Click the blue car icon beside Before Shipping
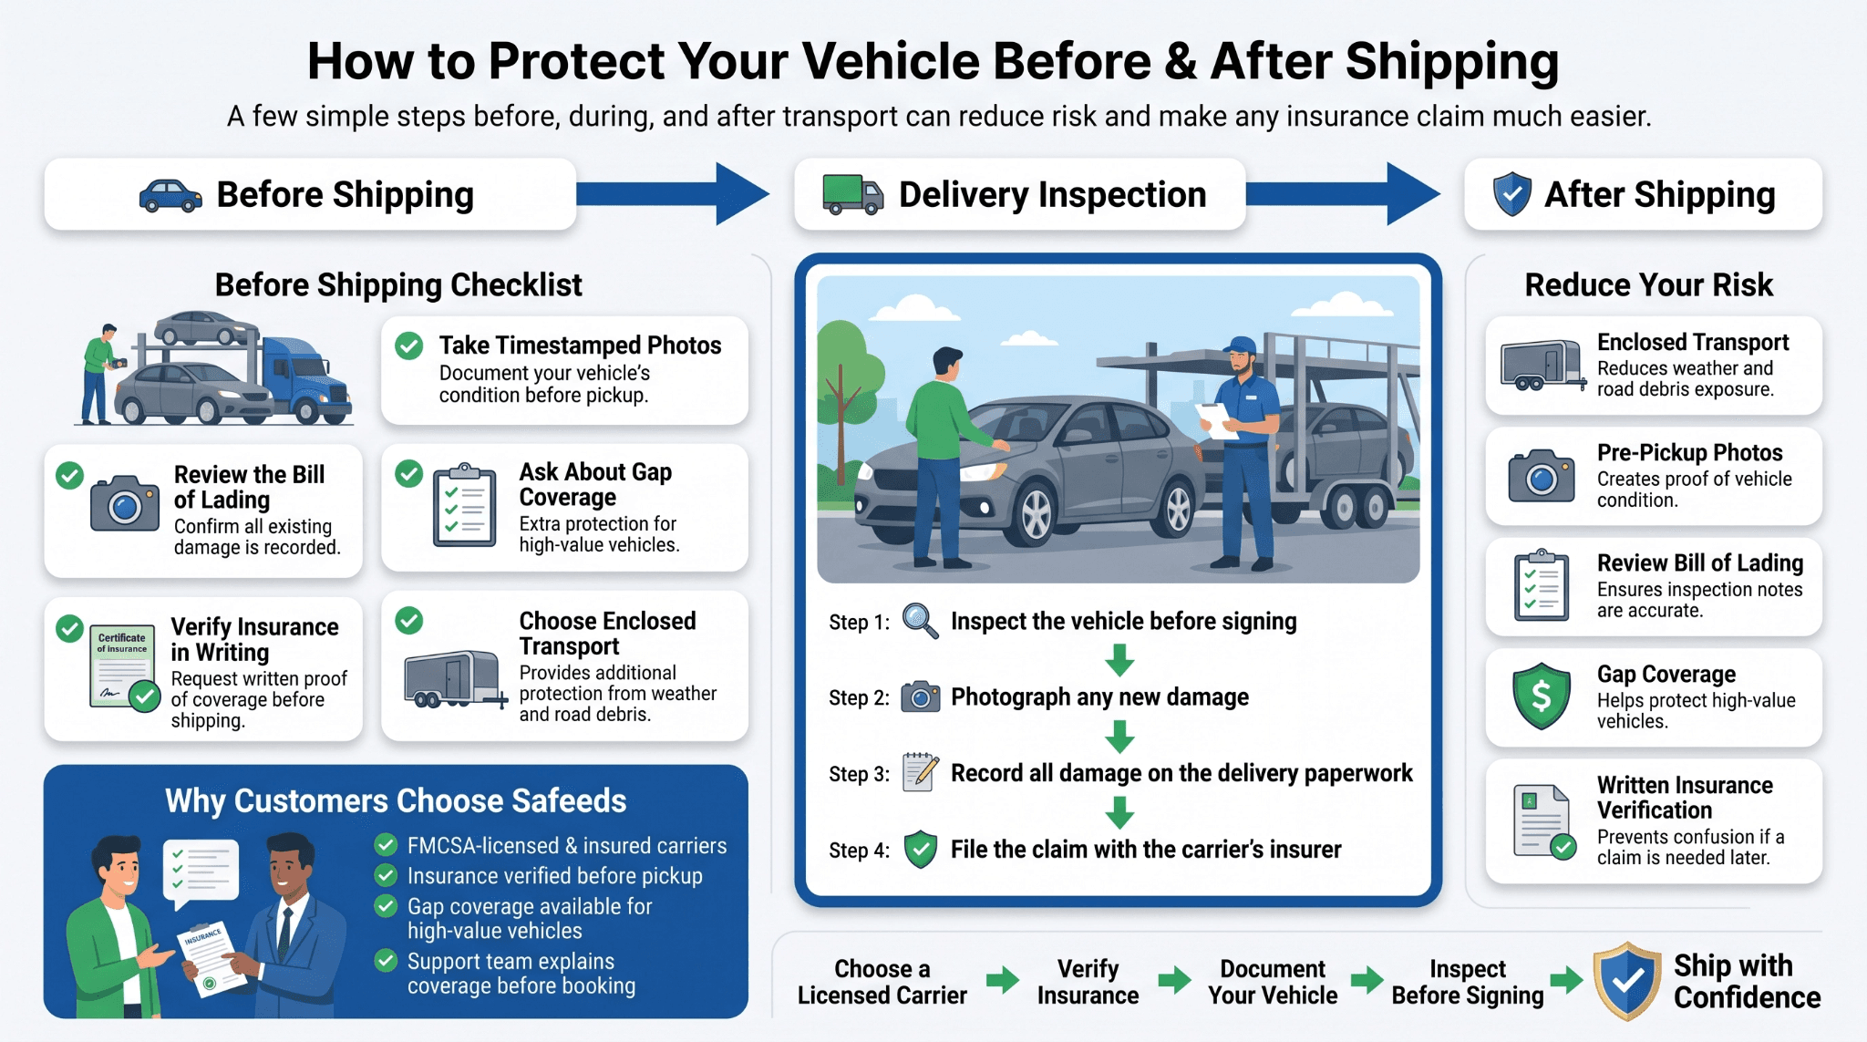tap(170, 196)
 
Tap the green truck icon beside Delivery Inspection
tap(852, 194)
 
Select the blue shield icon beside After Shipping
tap(1512, 194)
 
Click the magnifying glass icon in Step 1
tap(920, 621)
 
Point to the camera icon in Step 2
tap(921, 696)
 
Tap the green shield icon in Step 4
tap(921, 850)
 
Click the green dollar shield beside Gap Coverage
tap(1542, 696)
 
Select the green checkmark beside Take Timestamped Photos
tap(408, 346)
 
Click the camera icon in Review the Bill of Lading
tap(125, 503)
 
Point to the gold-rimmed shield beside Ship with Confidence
tap(1627, 981)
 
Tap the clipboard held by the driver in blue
tap(1215, 421)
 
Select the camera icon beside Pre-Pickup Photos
tap(1542, 476)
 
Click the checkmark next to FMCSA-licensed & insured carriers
tap(387, 845)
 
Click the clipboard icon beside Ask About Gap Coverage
tap(465, 505)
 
